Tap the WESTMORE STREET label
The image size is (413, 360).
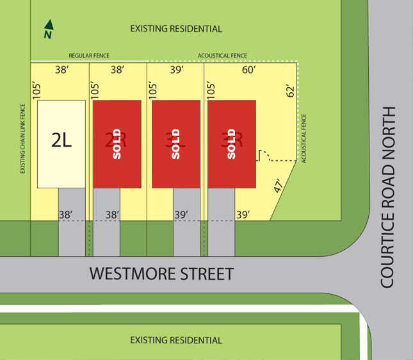click(161, 274)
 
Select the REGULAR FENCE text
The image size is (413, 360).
click(89, 56)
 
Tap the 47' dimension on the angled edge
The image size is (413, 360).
click(278, 186)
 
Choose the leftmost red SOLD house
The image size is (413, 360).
click(117, 144)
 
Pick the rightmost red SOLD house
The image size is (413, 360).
click(232, 144)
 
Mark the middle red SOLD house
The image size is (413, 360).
click(175, 144)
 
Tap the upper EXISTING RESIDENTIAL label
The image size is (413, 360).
click(176, 29)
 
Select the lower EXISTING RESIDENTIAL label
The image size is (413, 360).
click(176, 340)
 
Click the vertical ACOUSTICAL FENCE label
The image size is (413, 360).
click(304, 138)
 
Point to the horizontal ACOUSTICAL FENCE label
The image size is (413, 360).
click(222, 56)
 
